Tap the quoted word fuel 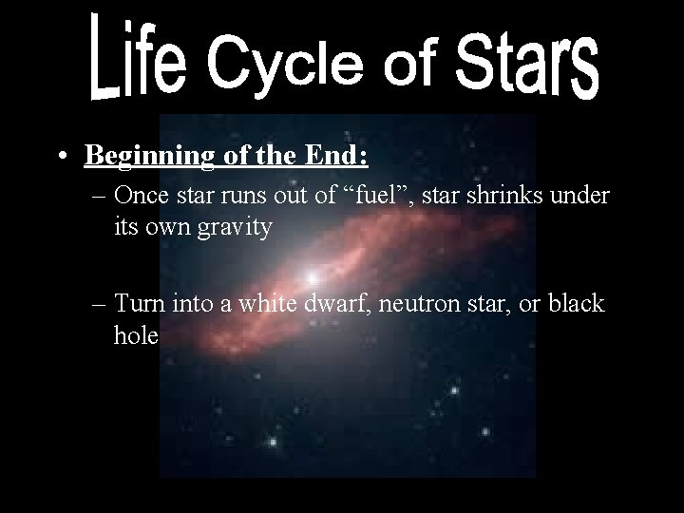click(x=380, y=196)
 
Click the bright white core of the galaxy click(x=312, y=277)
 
